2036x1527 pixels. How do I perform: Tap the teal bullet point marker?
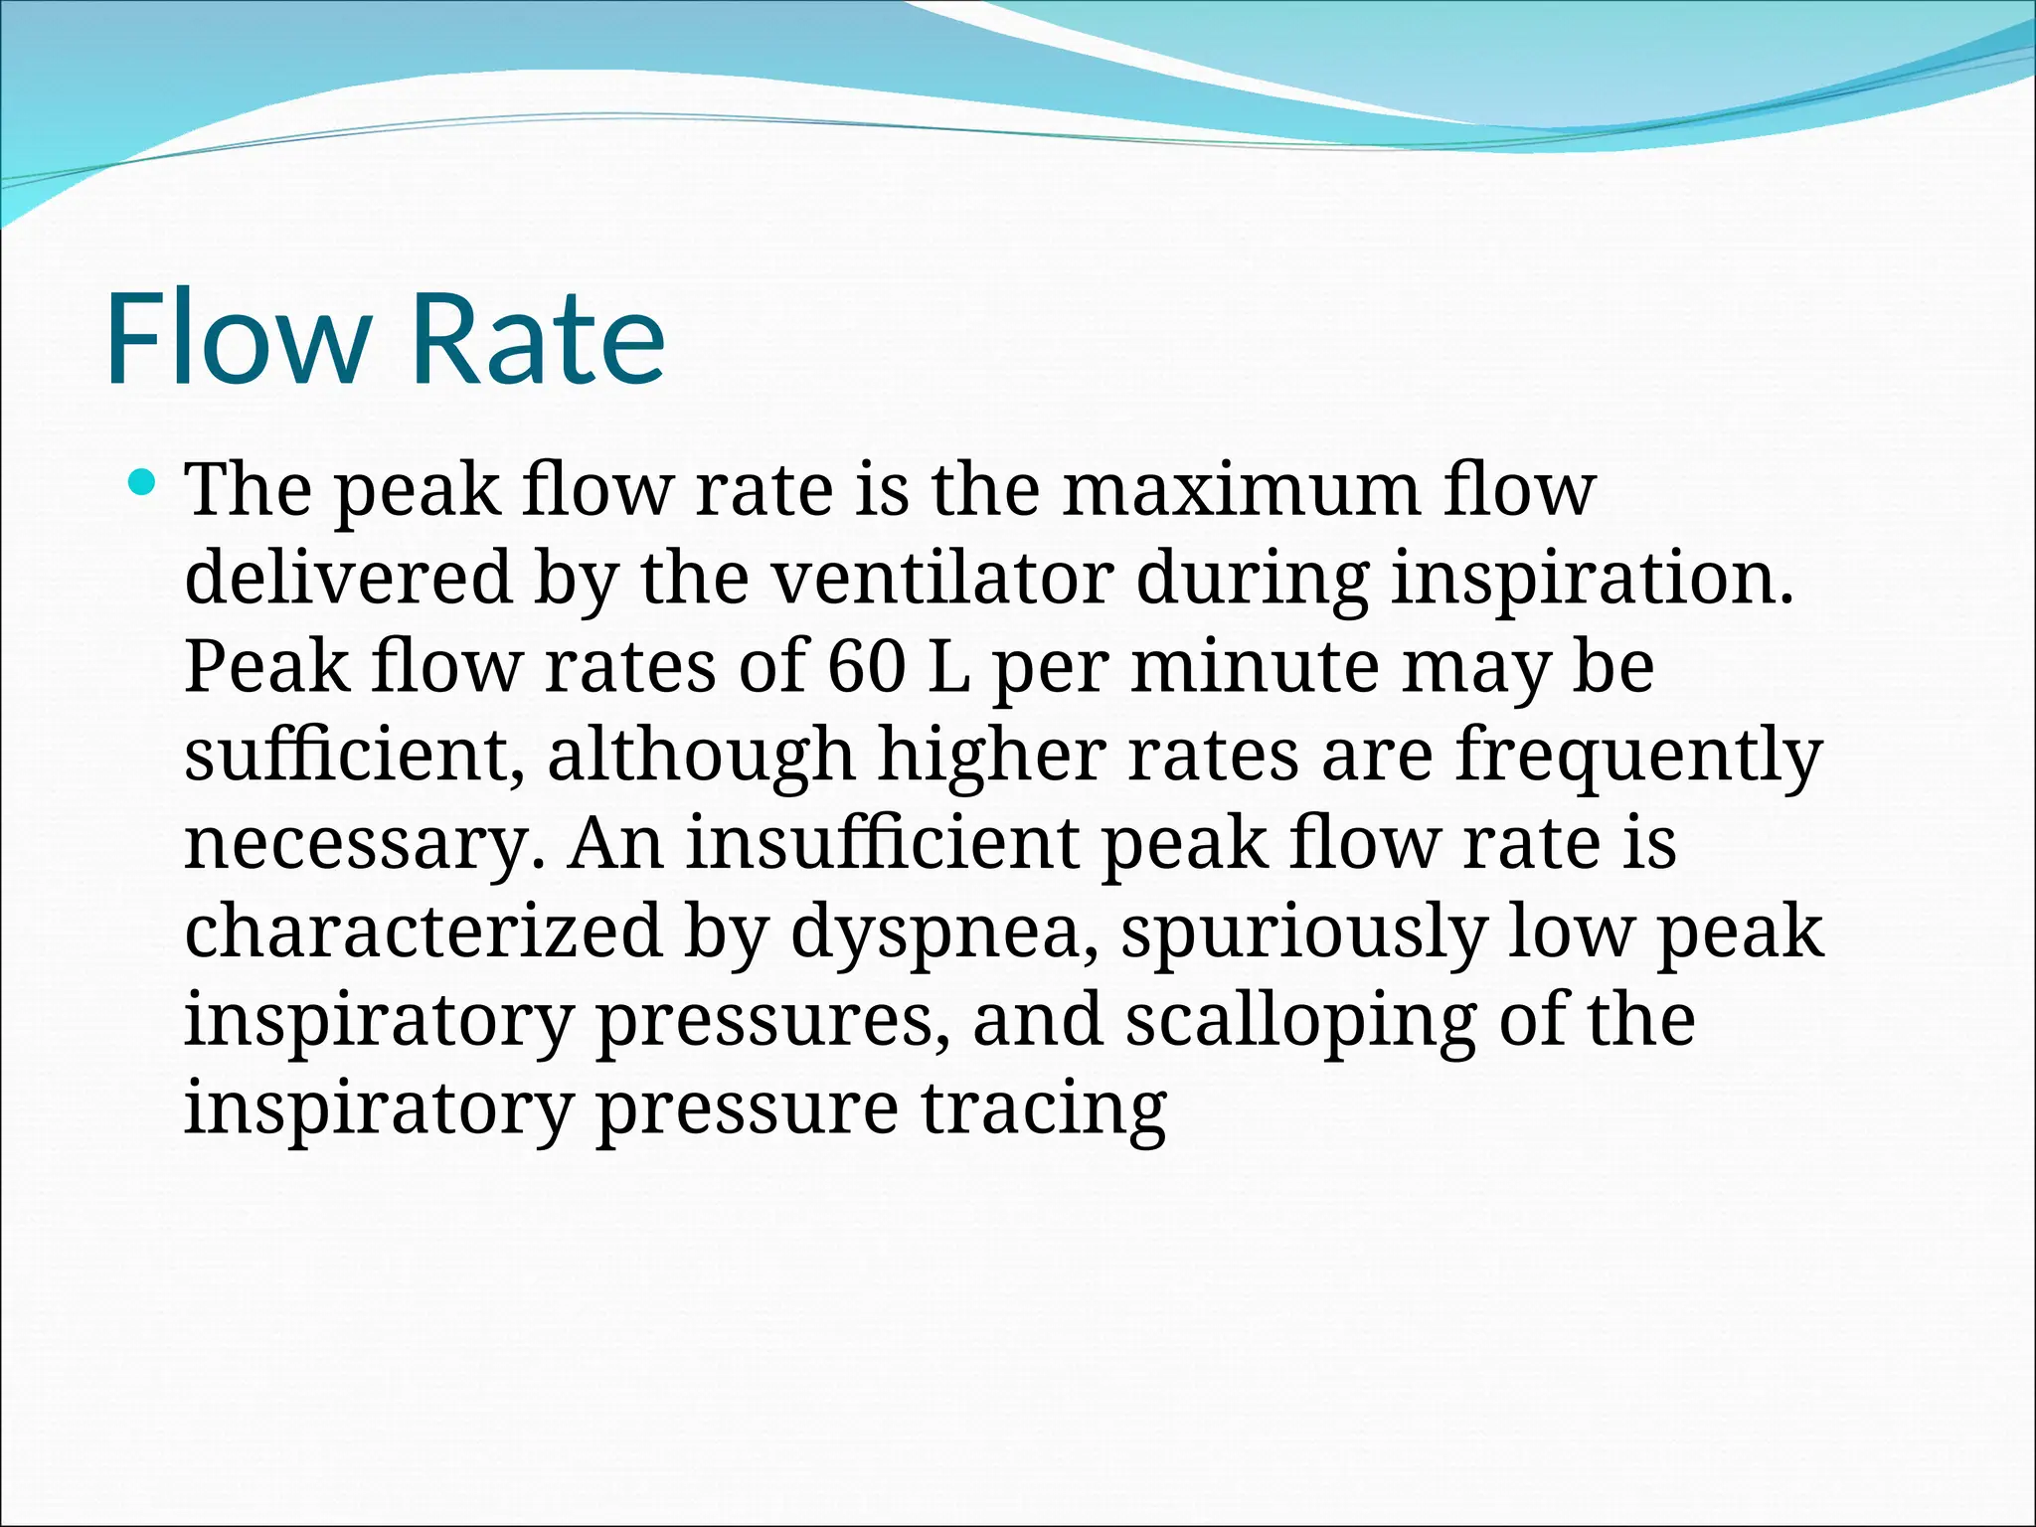[x=143, y=484]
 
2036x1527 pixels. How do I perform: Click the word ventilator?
[x=942, y=578]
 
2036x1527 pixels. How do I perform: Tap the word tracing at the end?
[x=1043, y=1109]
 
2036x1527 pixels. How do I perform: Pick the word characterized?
[x=423, y=931]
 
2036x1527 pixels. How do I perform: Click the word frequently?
[x=1638, y=756]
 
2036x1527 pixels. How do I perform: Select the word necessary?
[x=364, y=844]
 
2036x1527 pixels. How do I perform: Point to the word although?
[x=701, y=756]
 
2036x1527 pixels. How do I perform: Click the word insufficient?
[x=882, y=843]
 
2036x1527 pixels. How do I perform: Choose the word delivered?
[x=348, y=578]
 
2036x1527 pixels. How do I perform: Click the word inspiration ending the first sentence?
[x=1591, y=578]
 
